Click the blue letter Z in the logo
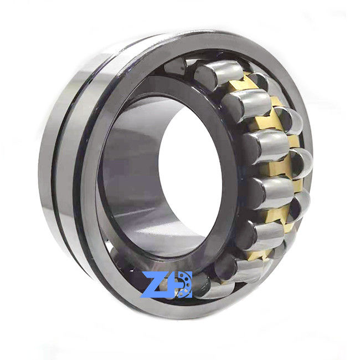[155, 285]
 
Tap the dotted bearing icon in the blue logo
[184, 285]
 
